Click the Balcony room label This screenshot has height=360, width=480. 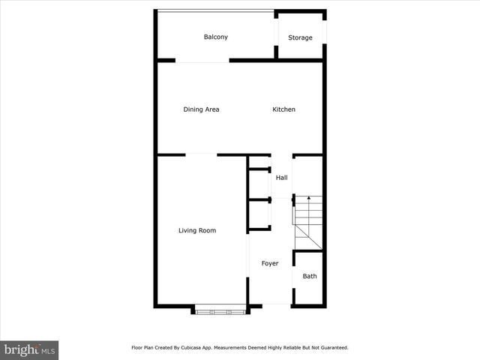pos(216,37)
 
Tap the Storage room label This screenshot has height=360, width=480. pos(300,37)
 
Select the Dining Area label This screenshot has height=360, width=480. pos(201,109)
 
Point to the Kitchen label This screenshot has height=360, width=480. pos(283,109)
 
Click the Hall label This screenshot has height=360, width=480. pos(281,178)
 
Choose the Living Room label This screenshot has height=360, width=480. pos(197,230)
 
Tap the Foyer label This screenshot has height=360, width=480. pos(270,264)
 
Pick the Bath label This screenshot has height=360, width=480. pos(309,276)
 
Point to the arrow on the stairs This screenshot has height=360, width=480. pos(308,199)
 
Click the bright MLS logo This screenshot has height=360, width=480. pos(29,350)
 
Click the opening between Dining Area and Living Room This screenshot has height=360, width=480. pos(201,155)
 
